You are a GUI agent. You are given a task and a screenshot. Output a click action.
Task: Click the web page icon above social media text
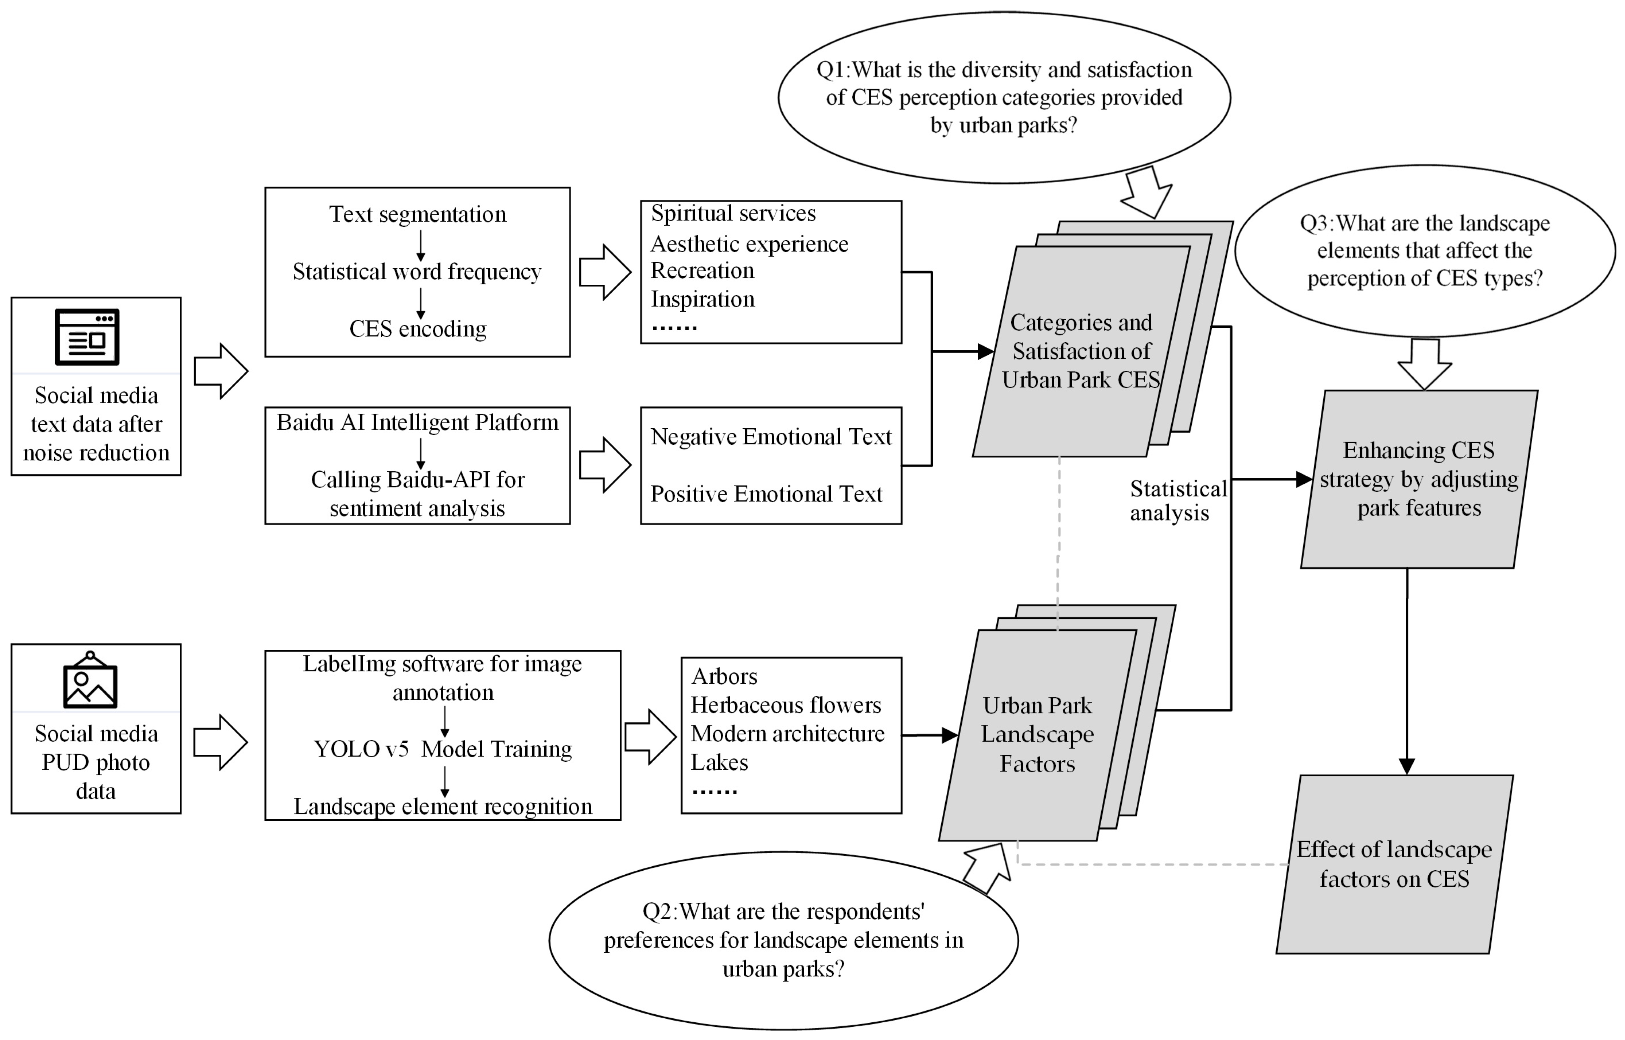pyautogui.click(x=87, y=337)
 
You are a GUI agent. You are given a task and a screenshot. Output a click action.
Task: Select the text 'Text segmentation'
pyautogui.click(x=418, y=214)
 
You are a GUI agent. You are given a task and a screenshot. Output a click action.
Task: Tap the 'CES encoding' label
pyautogui.click(x=418, y=329)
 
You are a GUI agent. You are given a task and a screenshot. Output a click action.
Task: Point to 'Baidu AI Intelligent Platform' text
pyautogui.click(x=418, y=422)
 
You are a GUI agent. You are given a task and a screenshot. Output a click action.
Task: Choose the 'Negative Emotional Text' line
pyautogui.click(x=771, y=437)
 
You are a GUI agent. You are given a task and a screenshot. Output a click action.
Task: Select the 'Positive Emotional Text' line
pyautogui.click(x=766, y=494)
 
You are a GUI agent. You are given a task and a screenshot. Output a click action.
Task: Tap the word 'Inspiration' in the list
pyautogui.click(x=702, y=299)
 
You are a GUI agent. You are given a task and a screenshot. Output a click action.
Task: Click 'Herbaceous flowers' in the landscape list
pyautogui.click(x=786, y=705)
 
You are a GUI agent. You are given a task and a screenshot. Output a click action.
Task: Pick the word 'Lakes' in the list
pyautogui.click(x=719, y=763)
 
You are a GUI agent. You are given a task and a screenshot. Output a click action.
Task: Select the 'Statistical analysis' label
pyautogui.click(x=1177, y=500)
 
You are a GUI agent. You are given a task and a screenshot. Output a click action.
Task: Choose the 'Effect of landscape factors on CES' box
pyautogui.click(x=1394, y=864)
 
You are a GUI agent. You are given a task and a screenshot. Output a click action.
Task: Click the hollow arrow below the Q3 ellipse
pyautogui.click(x=1424, y=363)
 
